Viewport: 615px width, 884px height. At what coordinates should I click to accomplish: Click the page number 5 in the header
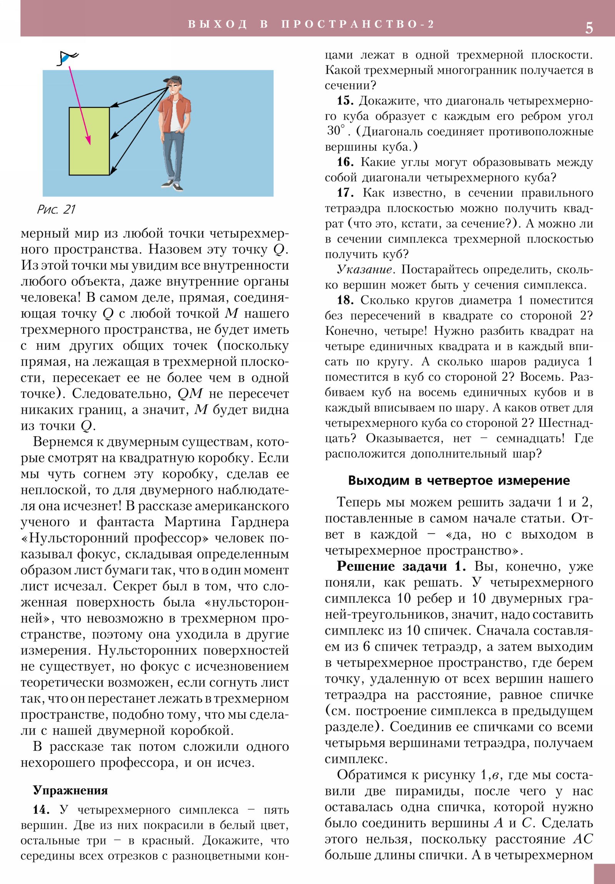pos(589,28)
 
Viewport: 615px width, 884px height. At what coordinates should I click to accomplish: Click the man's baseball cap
pos(172,80)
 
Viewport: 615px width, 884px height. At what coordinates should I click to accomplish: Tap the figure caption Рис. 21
pos(56,209)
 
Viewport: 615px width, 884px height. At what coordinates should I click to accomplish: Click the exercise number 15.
pos(345,101)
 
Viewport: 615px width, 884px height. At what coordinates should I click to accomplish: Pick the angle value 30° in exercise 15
pos(336,131)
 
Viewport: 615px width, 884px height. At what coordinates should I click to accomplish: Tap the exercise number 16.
pos(345,162)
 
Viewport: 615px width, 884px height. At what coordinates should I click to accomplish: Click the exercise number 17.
pos(345,193)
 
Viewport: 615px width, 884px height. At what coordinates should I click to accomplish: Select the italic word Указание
pos(364,269)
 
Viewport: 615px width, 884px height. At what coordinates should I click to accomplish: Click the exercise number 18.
pos(345,300)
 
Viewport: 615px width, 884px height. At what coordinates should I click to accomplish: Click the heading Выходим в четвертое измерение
pos(459,480)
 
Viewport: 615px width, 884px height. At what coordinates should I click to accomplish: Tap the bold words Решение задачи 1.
pos(401,567)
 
